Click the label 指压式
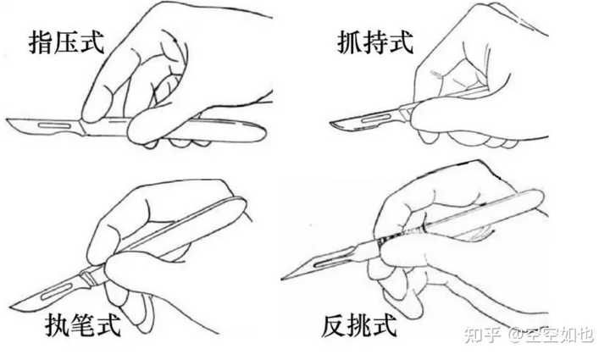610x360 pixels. click(x=67, y=42)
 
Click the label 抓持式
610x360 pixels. click(x=374, y=42)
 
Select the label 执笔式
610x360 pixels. click(x=83, y=325)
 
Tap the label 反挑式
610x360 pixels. click(x=358, y=326)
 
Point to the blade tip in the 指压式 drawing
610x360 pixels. click(x=7, y=120)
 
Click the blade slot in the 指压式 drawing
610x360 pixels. click(x=55, y=125)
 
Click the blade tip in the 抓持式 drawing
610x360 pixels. click(x=331, y=124)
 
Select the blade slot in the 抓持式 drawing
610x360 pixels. click(x=376, y=119)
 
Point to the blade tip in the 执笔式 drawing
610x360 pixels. click(x=12, y=307)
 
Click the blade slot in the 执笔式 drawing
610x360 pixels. click(x=57, y=292)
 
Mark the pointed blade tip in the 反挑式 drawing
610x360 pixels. click(x=283, y=279)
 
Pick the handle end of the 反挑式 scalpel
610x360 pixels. click(x=540, y=196)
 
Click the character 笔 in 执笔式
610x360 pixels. click(x=83, y=325)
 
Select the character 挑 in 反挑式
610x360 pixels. click(x=358, y=326)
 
